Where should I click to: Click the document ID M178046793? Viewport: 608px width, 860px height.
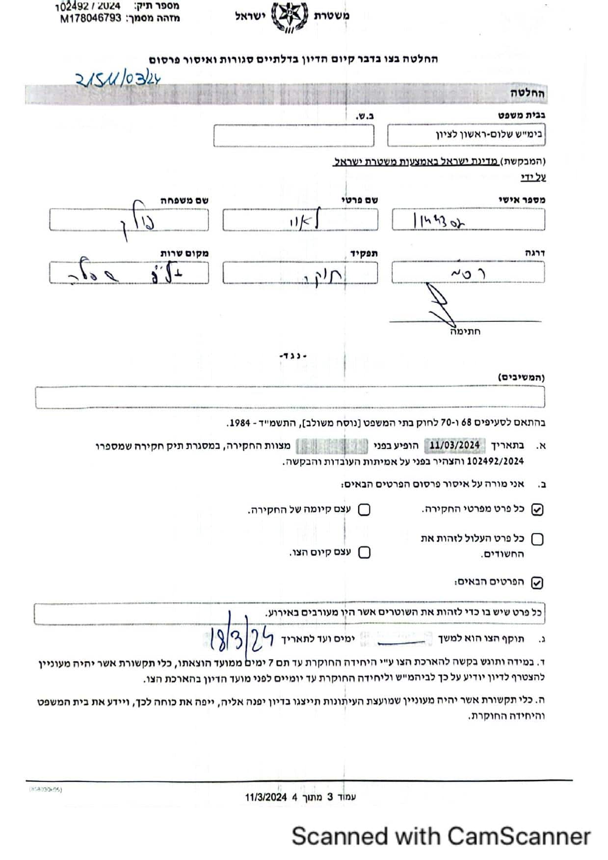coord(91,19)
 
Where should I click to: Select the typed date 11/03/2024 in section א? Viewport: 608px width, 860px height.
coord(454,445)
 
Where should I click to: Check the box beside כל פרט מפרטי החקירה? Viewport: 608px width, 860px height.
coord(537,509)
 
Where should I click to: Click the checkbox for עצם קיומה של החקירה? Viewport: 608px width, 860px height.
coord(364,510)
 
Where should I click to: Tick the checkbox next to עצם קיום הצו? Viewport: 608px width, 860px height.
coord(364,553)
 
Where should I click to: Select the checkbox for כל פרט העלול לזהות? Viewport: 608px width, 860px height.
coord(537,539)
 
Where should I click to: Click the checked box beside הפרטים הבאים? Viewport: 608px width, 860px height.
coord(537,582)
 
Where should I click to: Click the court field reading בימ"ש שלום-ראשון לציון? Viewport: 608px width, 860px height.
coord(466,135)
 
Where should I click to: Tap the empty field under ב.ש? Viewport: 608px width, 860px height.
coord(293,135)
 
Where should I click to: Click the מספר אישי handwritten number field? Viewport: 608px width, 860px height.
coord(468,220)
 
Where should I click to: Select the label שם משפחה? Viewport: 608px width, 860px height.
coord(185,200)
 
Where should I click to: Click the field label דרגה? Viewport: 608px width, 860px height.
coord(534,253)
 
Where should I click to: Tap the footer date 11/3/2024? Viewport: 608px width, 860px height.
coord(265,797)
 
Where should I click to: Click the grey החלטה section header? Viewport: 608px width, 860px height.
coord(528,94)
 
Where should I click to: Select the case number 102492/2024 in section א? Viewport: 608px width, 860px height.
coord(495,461)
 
